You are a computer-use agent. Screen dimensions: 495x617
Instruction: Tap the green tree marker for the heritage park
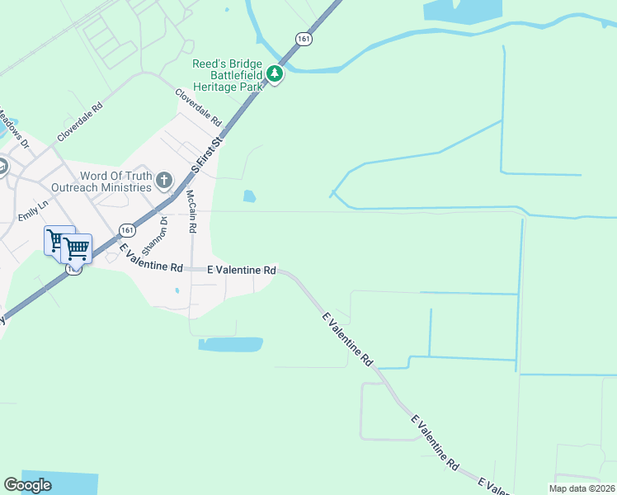pyautogui.click(x=275, y=76)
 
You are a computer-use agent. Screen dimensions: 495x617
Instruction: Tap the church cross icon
pyautogui.click(x=164, y=180)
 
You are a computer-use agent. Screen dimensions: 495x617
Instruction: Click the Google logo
pyautogui.click(x=28, y=485)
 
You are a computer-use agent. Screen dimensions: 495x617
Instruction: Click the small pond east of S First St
pyautogui.click(x=248, y=196)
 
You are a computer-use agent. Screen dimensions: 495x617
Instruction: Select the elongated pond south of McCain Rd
pyautogui.click(x=231, y=344)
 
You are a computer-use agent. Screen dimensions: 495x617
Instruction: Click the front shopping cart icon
pyautogui.click(x=77, y=247)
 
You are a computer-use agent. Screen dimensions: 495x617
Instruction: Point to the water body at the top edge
pyautogui.click(x=462, y=9)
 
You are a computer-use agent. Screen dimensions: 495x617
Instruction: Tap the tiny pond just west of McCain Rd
pyautogui.click(x=177, y=290)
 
